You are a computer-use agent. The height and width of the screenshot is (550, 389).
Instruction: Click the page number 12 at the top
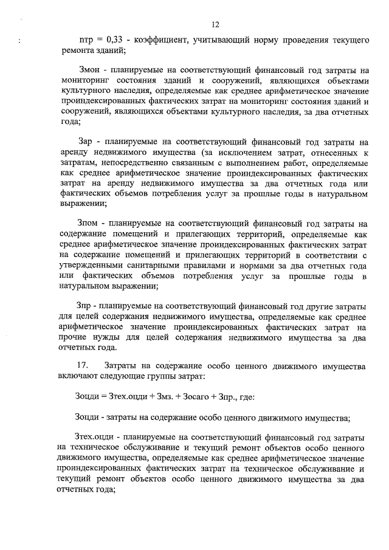click(x=215, y=25)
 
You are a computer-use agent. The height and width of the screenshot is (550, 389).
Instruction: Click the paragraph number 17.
click(x=81, y=366)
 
